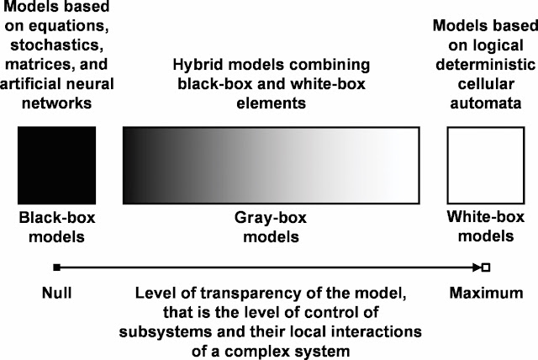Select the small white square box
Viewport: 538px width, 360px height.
pyautogui.click(x=480, y=165)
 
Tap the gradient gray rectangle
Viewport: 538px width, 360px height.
pyautogui.click(x=271, y=165)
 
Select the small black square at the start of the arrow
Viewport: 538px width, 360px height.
pyautogui.click(x=56, y=267)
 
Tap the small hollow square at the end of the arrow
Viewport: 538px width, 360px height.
pyautogui.click(x=485, y=267)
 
